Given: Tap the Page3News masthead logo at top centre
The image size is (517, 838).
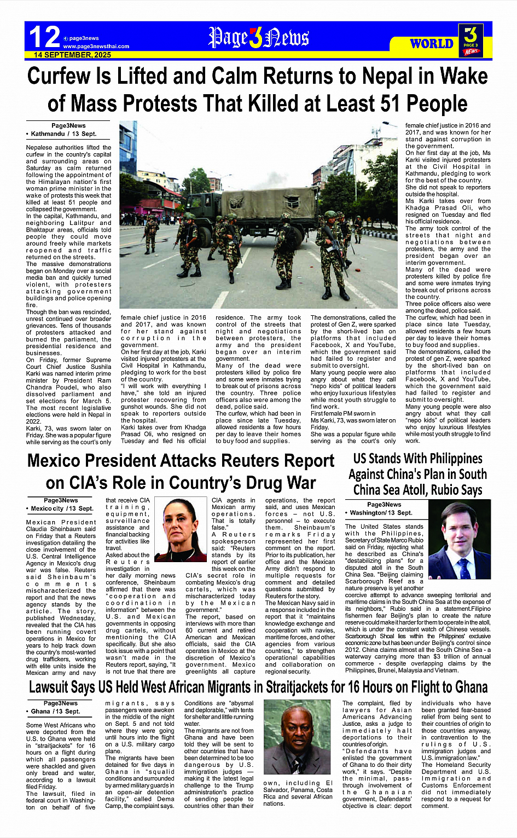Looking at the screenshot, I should point(259,38).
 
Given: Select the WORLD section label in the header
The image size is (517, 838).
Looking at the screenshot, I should point(432,44).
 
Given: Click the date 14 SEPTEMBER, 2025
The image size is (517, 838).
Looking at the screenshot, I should point(72,55).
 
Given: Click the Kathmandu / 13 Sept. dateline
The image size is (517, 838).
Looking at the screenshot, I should point(61,134).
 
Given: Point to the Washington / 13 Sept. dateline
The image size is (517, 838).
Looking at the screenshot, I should point(378,513).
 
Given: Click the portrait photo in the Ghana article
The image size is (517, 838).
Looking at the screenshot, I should point(297,737).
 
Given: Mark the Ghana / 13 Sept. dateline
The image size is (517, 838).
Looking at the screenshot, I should point(53,712).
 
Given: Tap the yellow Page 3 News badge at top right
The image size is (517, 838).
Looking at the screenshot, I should point(470,40).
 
